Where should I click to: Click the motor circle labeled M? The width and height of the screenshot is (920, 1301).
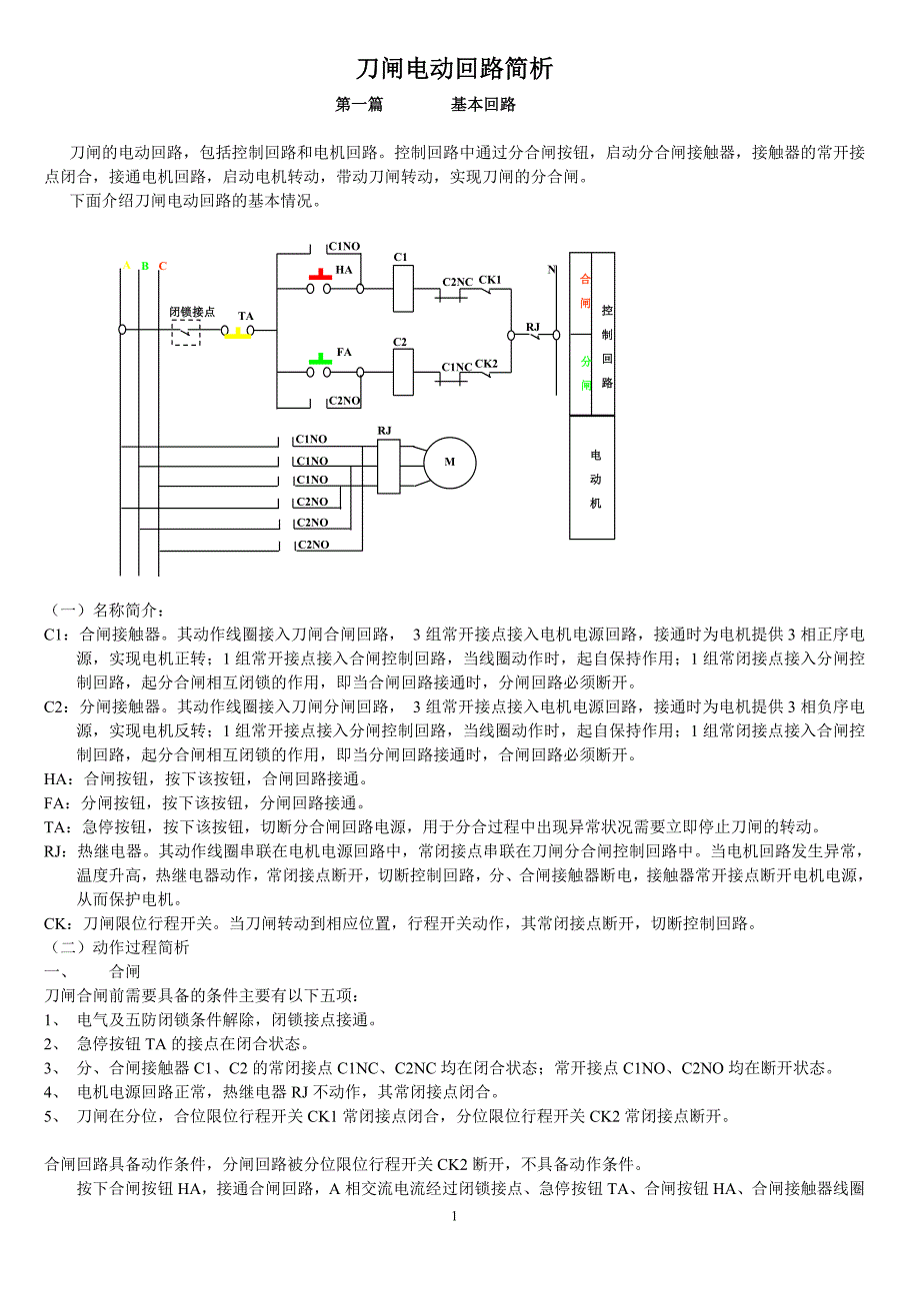coord(449,462)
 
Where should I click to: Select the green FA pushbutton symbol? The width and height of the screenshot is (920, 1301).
coord(320,357)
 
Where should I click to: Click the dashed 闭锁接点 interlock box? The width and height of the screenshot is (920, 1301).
coord(186,333)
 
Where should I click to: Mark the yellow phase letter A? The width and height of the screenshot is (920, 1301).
coord(127,266)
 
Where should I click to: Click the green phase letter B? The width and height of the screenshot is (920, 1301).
coord(145,266)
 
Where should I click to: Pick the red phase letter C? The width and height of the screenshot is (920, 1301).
coord(163,266)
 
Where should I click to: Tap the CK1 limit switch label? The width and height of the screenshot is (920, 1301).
coord(489,280)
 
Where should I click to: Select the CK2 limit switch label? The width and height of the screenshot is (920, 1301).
coord(486,363)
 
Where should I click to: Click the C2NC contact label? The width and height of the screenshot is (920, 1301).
coord(457,282)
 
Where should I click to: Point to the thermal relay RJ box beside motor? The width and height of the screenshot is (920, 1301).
coord(385,463)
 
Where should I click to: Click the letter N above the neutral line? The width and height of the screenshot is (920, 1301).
coord(551,270)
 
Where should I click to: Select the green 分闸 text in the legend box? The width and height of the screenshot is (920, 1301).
coord(585,372)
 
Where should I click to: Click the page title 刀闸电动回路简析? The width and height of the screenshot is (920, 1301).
coord(455,69)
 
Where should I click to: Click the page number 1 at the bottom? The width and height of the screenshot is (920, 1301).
coord(454,1216)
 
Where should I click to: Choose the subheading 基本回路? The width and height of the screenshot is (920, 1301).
coord(483,105)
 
